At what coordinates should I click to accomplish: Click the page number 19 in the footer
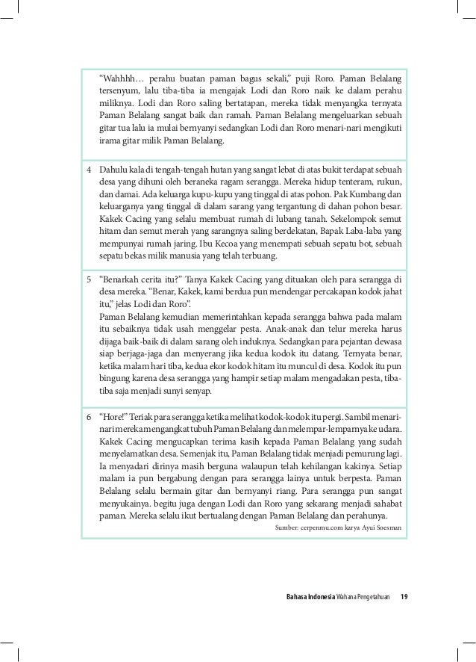[404, 596]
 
